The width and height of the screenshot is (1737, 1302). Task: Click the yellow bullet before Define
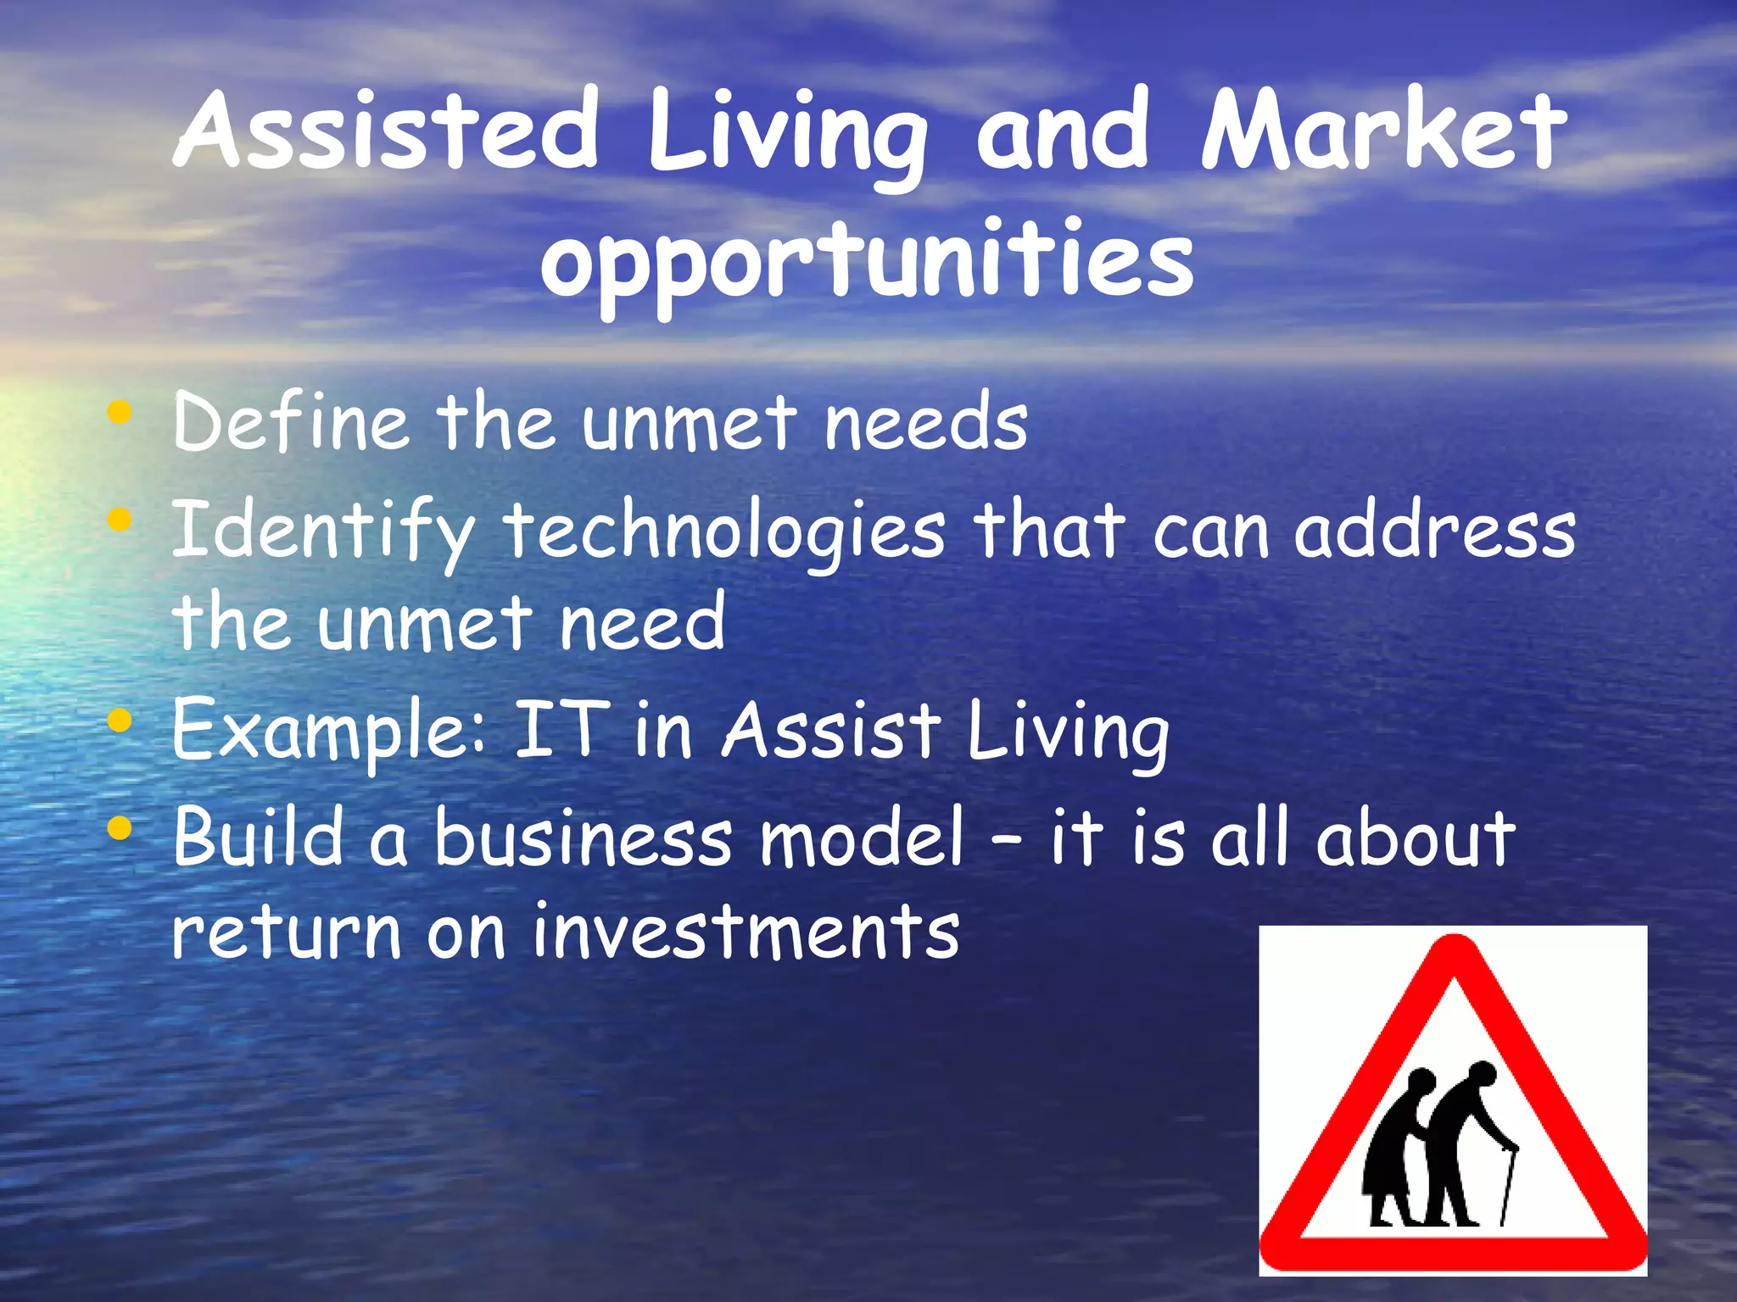tap(120, 413)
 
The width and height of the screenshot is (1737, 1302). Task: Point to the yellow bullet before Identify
tap(120, 518)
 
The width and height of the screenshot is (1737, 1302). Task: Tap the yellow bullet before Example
tap(120, 721)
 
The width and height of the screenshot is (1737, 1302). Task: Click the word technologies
tap(725, 532)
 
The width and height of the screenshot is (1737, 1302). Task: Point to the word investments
tap(746, 932)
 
